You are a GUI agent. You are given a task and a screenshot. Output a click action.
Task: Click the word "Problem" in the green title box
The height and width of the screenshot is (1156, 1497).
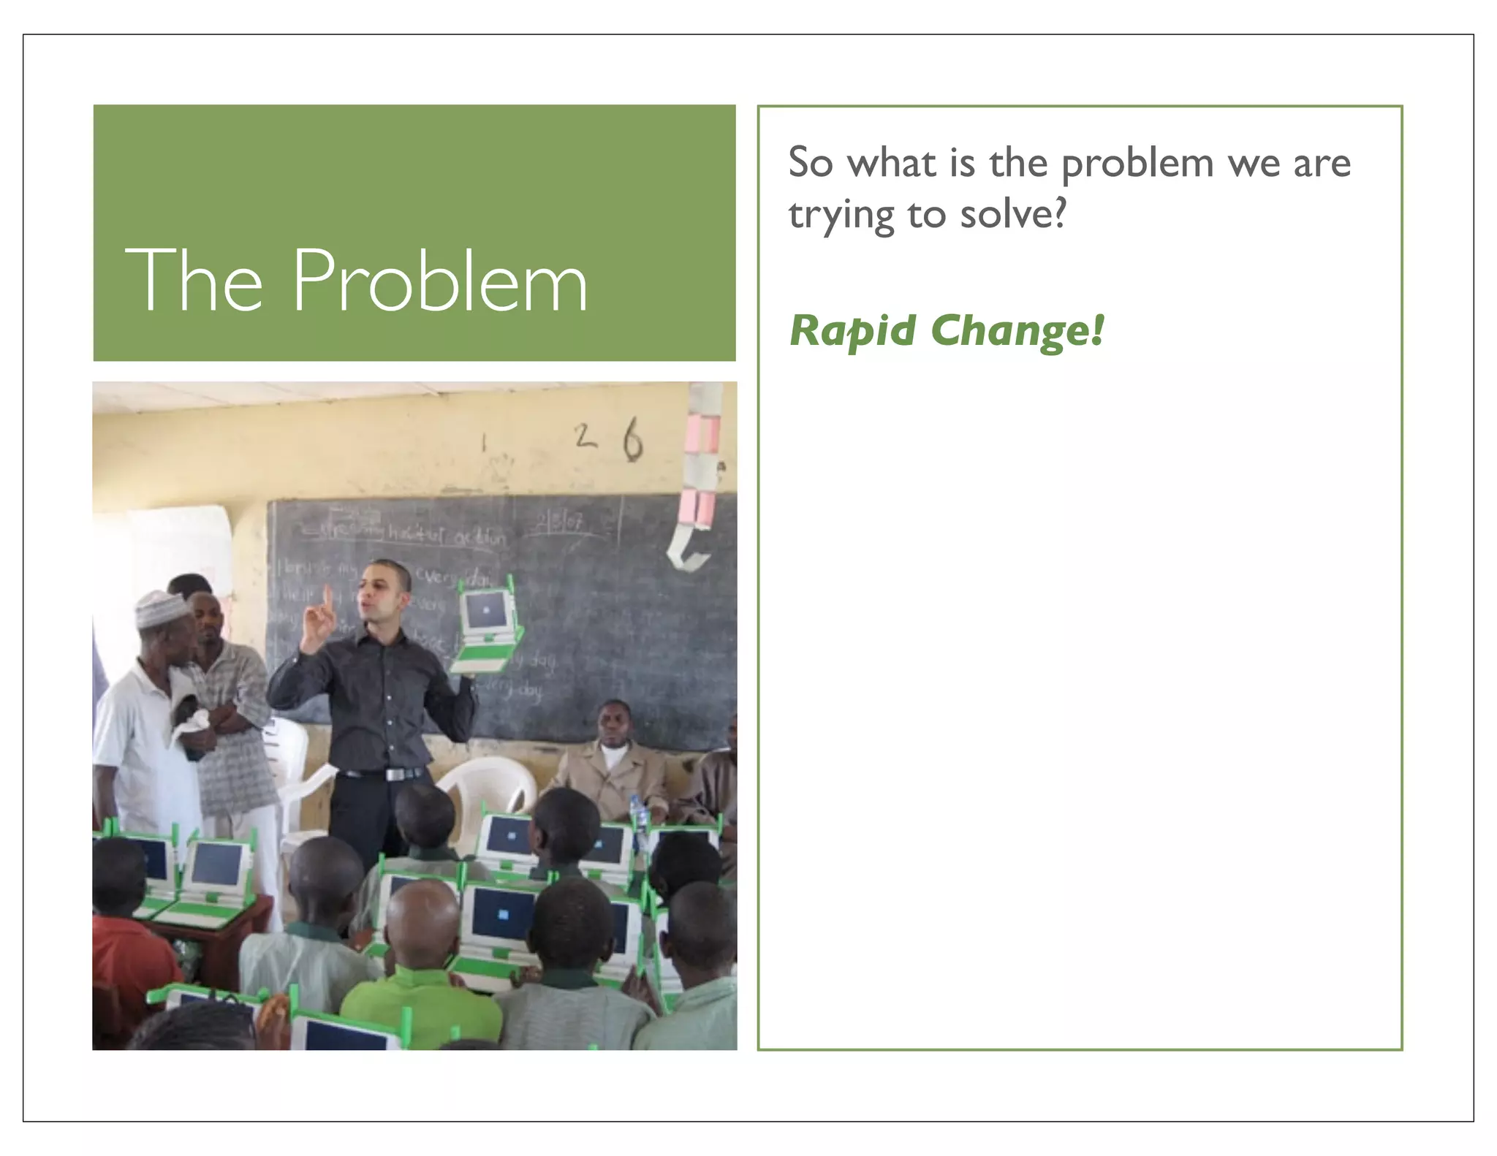pyautogui.click(x=440, y=281)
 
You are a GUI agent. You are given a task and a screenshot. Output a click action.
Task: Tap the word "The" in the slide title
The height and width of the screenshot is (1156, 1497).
pyautogui.click(x=194, y=281)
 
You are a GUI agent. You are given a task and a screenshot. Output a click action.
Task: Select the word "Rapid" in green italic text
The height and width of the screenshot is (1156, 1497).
pyautogui.click(x=852, y=331)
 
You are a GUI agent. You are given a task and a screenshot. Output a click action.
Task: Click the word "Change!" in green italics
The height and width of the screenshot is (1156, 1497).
pyautogui.click(x=1017, y=331)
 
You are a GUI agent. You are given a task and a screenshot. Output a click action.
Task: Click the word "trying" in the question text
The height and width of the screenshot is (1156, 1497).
pyautogui.click(x=841, y=216)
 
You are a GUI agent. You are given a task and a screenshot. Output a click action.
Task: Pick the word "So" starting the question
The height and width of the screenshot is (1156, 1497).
pyautogui.click(x=811, y=162)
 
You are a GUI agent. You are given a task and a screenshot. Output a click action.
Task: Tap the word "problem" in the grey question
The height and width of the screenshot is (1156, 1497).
pyautogui.click(x=1137, y=164)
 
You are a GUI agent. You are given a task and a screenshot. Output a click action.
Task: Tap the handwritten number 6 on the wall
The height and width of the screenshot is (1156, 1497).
pyautogui.click(x=632, y=439)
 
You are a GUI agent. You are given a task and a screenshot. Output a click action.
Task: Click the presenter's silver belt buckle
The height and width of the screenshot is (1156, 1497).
pyautogui.click(x=394, y=774)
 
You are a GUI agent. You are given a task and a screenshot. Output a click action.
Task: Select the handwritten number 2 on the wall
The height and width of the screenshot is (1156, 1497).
pyautogui.click(x=584, y=436)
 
